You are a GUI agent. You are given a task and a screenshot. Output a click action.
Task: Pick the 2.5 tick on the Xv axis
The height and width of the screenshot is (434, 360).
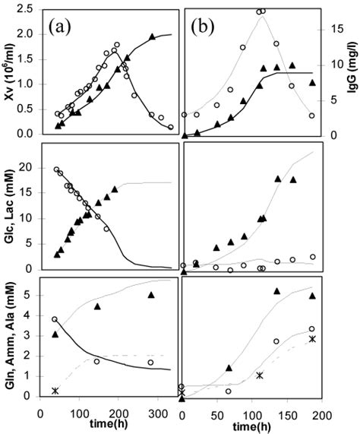(x=29, y=9)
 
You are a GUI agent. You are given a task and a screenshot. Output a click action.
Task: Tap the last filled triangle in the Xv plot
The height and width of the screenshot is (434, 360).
(x=152, y=36)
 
